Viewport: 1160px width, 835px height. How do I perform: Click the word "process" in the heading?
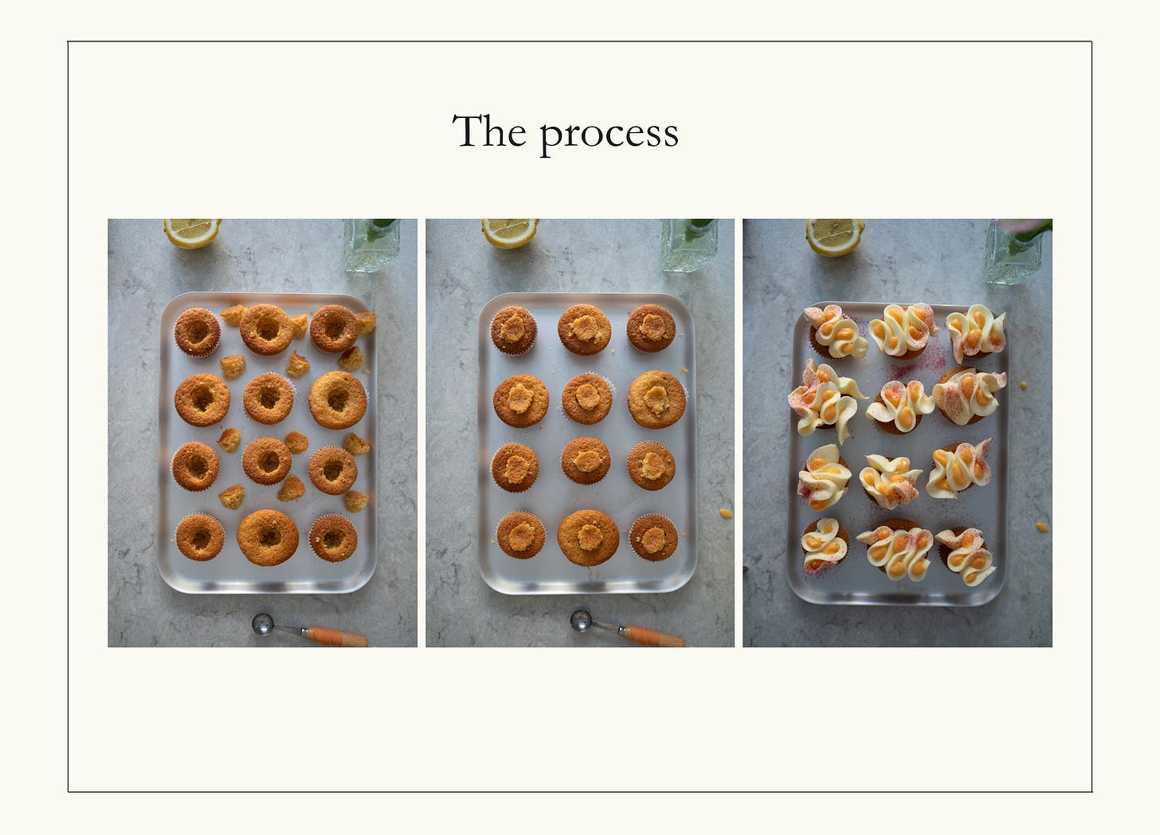tap(609, 135)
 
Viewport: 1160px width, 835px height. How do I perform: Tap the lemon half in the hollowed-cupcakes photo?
tap(192, 232)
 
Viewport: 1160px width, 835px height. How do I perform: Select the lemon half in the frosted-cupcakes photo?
tap(834, 236)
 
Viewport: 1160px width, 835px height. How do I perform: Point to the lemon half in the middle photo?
tap(510, 232)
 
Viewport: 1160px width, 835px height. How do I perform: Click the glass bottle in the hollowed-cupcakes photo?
tap(371, 245)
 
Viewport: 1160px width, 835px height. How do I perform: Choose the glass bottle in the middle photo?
tap(689, 245)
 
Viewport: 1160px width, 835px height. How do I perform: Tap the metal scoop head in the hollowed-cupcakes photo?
tap(263, 624)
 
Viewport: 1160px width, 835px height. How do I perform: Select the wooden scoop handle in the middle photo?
tap(653, 636)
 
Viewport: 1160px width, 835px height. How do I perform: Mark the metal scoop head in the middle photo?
tap(581, 620)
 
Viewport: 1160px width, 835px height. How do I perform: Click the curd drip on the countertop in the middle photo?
tap(726, 513)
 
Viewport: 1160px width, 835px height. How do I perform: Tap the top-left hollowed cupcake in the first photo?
tap(198, 332)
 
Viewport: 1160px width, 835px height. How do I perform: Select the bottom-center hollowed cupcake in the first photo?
tap(268, 538)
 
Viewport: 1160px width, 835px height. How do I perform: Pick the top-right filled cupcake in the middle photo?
tap(651, 328)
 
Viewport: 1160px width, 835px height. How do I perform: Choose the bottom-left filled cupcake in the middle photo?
tap(521, 535)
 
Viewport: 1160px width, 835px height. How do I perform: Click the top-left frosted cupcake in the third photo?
tap(835, 332)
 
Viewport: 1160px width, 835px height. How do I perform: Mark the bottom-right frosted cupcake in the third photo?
tap(966, 555)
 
